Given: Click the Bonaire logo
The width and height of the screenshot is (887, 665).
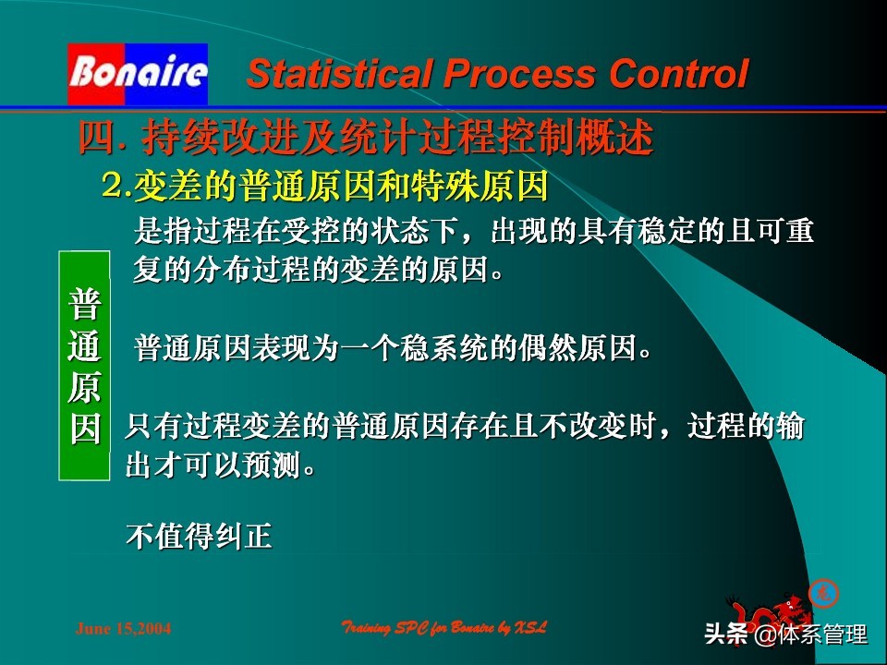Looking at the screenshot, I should [138, 73].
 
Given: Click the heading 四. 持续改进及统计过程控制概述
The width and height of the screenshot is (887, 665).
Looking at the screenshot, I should [366, 139].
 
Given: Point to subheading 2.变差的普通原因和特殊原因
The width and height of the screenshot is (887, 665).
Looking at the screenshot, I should [325, 187].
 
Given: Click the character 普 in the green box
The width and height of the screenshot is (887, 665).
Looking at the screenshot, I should [85, 304].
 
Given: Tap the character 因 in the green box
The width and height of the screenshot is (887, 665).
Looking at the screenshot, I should [85, 429].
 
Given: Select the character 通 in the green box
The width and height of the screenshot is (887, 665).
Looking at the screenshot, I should [85, 346].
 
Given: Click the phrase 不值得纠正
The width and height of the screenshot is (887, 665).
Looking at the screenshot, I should [199, 537].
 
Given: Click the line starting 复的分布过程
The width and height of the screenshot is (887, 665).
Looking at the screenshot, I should [320, 272].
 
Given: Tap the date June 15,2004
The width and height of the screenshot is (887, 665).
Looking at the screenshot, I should [123, 629].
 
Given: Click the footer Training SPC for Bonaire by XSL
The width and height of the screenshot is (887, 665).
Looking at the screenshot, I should [444, 628].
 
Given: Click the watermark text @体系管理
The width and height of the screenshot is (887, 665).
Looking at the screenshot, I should [810, 635].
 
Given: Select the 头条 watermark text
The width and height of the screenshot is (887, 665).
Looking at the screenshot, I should [727, 635].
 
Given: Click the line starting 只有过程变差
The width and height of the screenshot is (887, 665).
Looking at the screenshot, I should [465, 427].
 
